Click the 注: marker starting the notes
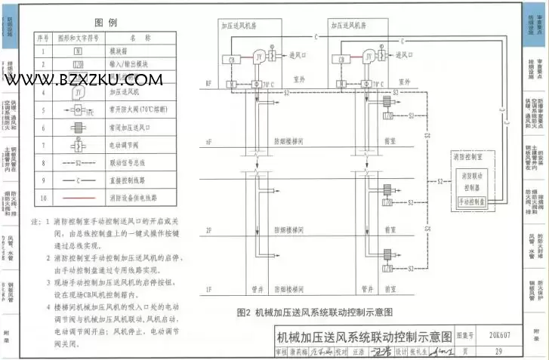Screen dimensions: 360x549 pos(35,223)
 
